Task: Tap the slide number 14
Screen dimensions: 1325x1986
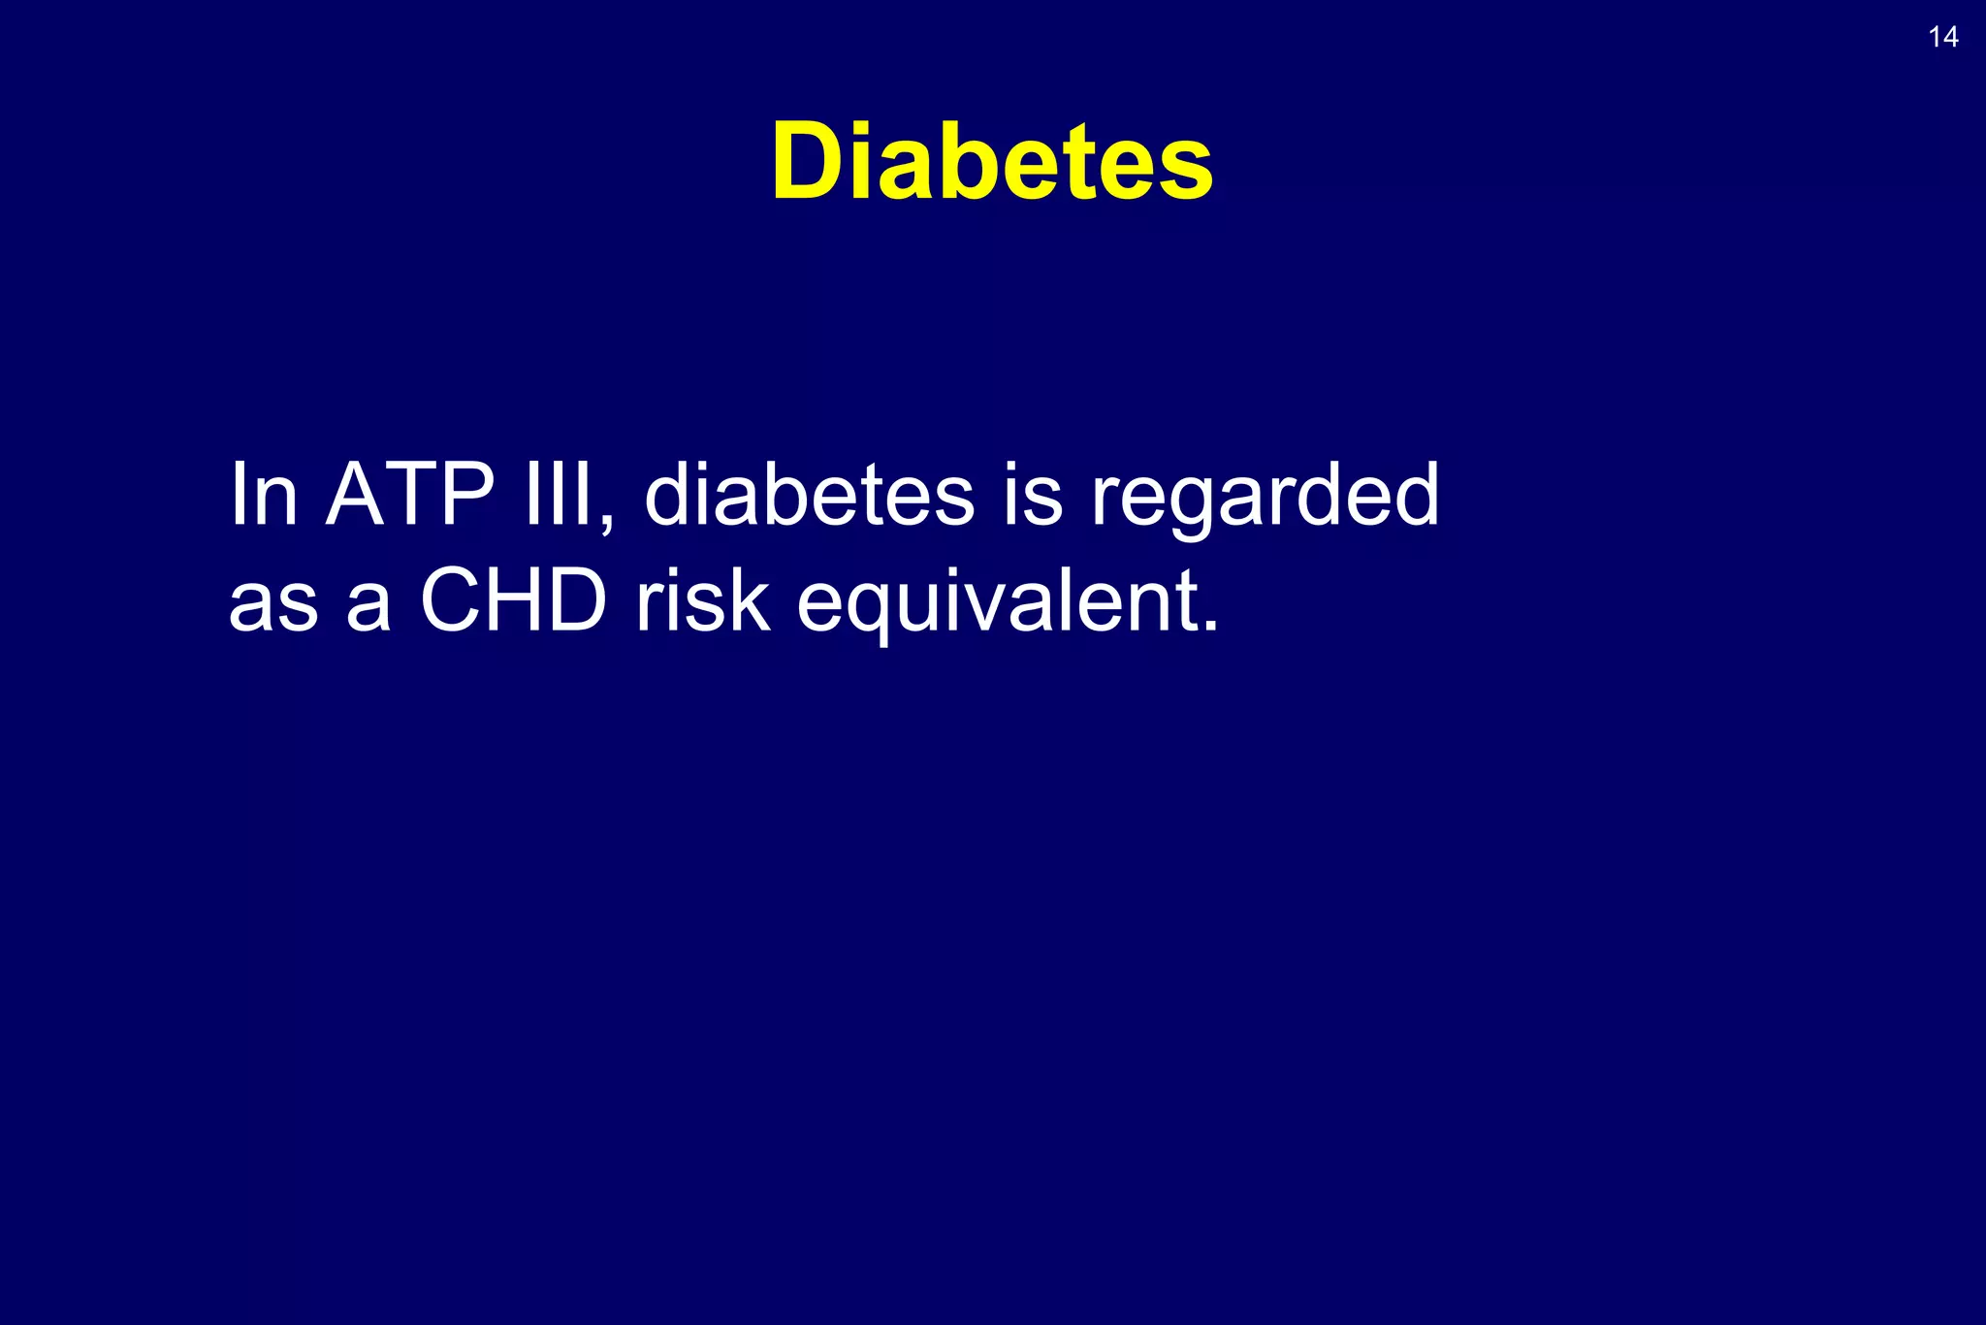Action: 1943,38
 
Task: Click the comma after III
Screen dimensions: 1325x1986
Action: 606,524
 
